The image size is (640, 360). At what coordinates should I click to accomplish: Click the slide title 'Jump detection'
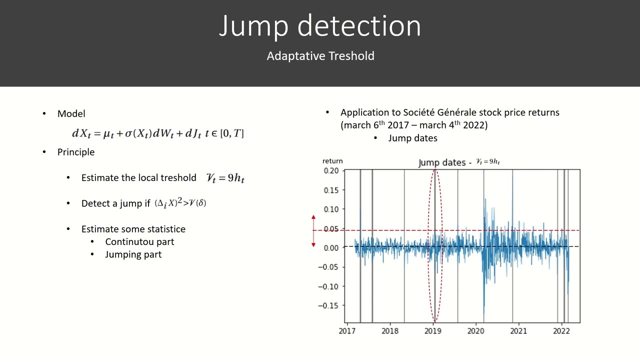(x=320, y=26)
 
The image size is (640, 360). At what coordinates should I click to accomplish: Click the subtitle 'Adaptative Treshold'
(x=320, y=56)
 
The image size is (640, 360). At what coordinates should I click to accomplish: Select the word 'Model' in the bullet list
(x=71, y=114)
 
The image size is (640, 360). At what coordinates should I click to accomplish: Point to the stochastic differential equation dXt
(x=158, y=133)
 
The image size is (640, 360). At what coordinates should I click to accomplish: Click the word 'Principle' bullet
(x=76, y=152)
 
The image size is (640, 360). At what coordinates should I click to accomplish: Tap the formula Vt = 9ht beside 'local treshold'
(x=225, y=178)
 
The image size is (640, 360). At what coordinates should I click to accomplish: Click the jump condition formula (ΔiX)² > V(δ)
(x=180, y=203)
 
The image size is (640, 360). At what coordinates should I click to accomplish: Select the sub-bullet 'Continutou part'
(x=139, y=241)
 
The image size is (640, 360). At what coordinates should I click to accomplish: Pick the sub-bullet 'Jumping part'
(x=133, y=254)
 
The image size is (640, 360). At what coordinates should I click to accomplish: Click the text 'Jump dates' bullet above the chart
(x=412, y=138)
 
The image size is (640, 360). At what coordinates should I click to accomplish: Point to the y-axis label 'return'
(x=332, y=161)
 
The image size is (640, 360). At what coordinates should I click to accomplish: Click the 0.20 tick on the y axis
(x=330, y=170)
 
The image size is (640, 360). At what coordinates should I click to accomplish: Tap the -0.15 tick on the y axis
(x=329, y=305)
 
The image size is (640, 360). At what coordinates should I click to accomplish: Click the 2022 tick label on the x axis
(x=561, y=330)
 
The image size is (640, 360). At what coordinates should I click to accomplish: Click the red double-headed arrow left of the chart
(x=313, y=231)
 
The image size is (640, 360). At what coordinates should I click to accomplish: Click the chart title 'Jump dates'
(x=442, y=163)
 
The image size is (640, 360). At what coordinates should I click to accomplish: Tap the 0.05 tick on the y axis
(x=330, y=228)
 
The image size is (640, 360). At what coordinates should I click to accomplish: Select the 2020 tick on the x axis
(x=475, y=330)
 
